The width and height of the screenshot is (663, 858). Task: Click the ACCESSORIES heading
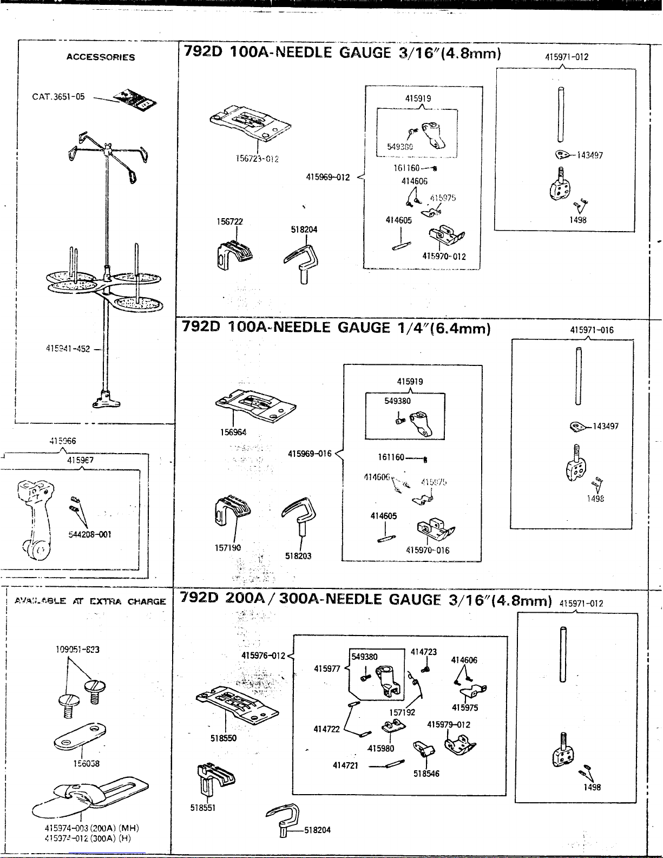tap(101, 57)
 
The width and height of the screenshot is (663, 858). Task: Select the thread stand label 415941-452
tap(68, 349)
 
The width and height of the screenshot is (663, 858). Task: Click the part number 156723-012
tap(257, 159)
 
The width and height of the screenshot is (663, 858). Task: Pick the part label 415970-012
tap(444, 256)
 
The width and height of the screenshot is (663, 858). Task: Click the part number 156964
tap(233, 432)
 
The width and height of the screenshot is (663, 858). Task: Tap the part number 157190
tap(228, 548)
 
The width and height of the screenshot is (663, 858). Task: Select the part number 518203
tap(298, 555)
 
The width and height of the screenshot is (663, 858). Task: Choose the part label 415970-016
tap(428, 550)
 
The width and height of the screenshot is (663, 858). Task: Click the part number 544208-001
tap(90, 534)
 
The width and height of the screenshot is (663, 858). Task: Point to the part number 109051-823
tap(78, 649)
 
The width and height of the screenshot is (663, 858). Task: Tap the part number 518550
tap(224, 737)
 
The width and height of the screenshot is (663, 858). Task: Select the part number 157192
tap(402, 712)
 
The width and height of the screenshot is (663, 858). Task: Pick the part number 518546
tap(426, 774)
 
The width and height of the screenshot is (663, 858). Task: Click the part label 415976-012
tap(263, 656)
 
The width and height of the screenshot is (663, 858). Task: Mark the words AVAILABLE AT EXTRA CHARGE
tap(90, 601)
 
